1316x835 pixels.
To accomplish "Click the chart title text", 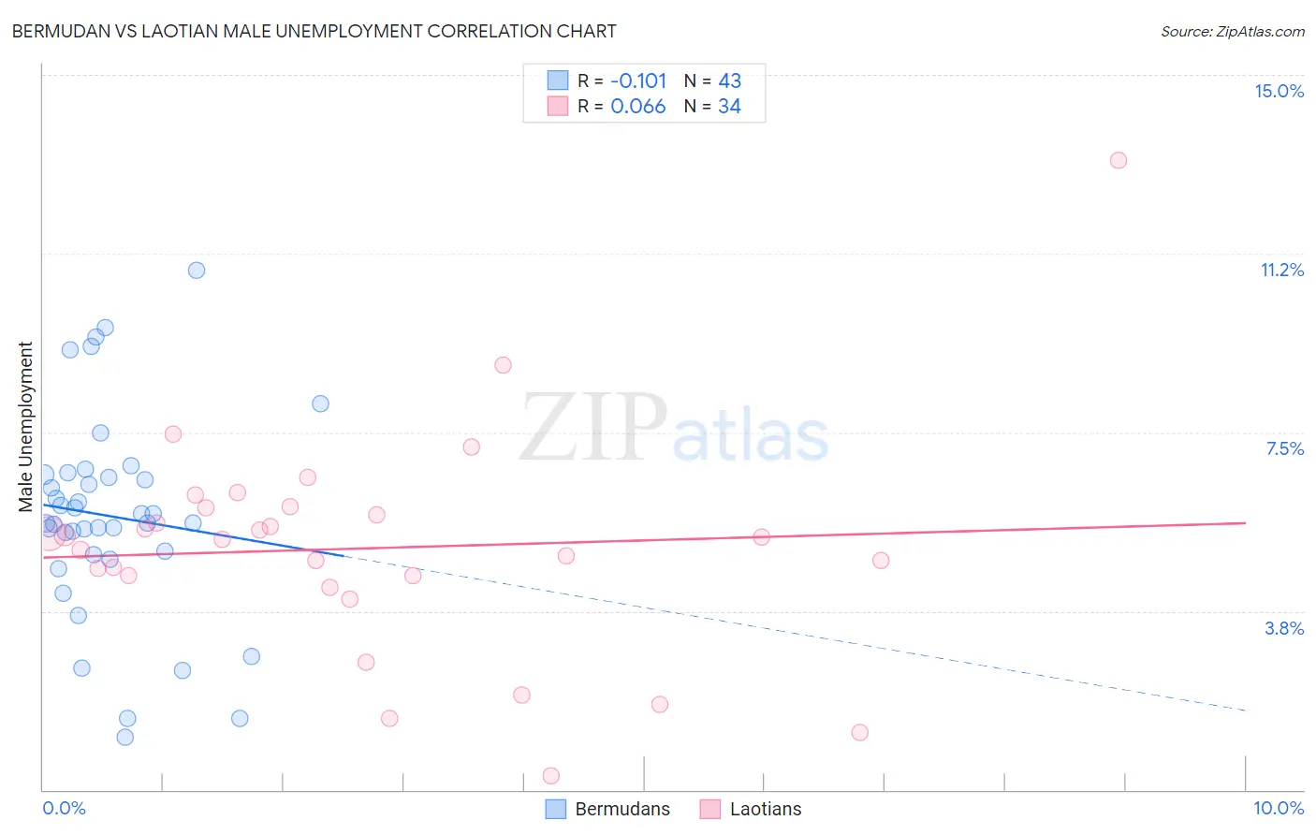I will pos(314,31).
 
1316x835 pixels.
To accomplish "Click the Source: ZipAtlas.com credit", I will pos(1232,31).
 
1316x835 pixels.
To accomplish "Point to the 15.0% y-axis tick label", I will pos(1279,91).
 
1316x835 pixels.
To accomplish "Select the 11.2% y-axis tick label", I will pos(1281,270).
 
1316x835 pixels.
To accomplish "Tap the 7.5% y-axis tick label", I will pos(1284,448).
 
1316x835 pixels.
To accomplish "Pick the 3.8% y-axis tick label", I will pos(1284,628).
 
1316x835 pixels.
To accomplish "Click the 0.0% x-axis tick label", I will pos(64,808).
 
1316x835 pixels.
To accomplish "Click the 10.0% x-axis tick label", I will pos(1278,808).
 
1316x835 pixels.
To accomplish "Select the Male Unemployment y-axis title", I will pos(26,426).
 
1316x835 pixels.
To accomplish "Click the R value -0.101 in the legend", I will pos(638,81).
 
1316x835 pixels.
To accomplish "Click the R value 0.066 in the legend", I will pos(638,106).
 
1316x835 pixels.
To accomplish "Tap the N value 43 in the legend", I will pos(729,81).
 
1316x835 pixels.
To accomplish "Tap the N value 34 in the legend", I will pos(729,106).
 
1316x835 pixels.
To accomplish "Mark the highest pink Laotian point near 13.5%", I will pos(1118,160).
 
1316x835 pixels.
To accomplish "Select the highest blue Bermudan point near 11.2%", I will pos(197,271).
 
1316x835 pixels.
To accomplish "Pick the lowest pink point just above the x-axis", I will pos(551,776).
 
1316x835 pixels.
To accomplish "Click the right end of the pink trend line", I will pos(1245,522).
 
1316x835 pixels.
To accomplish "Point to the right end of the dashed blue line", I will pos(1245,710).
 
